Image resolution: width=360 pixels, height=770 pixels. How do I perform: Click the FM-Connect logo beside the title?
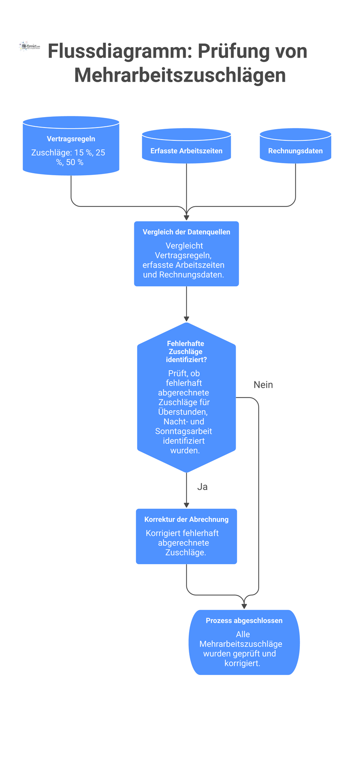[x=29, y=47]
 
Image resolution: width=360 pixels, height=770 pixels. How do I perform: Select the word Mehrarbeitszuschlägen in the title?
[x=180, y=75]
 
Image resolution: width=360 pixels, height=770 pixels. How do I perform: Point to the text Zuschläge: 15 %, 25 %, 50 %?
[x=69, y=157]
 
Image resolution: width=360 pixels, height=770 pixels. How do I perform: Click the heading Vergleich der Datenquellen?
[x=186, y=232]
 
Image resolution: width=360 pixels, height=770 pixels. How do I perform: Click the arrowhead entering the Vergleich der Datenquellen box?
[x=186, y=217]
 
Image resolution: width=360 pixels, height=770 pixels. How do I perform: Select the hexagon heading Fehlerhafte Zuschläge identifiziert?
[x=186, y=351]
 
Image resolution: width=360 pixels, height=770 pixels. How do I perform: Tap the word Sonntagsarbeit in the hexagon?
[x=184, y=431]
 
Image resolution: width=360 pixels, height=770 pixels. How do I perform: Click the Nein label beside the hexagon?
[x=263, y=385]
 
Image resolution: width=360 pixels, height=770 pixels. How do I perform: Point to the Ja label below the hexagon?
[x=202, y=486]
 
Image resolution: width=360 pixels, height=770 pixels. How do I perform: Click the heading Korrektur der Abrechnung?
[x=186, y=519]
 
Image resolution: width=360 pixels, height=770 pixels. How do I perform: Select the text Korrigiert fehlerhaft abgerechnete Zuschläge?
[x=182, y=543]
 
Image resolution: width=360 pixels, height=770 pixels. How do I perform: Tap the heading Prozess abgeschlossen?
[x=244, y=620]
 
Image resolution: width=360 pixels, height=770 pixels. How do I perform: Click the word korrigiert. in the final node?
[x=242, y=663]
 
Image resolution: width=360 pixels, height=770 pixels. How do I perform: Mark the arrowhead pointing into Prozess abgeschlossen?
[x=244, y=606]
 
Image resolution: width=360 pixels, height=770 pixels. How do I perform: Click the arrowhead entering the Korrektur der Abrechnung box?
[x=186, y=505]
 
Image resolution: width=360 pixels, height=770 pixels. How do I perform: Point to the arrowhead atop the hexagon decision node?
[x=186, y=319]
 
